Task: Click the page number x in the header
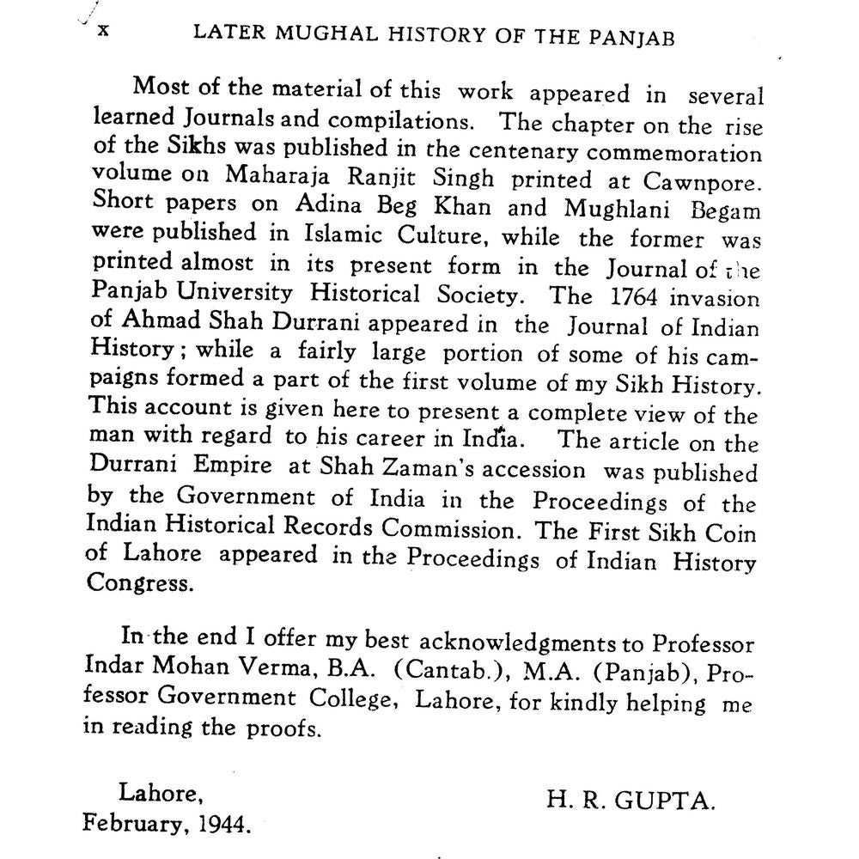point(103,30)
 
